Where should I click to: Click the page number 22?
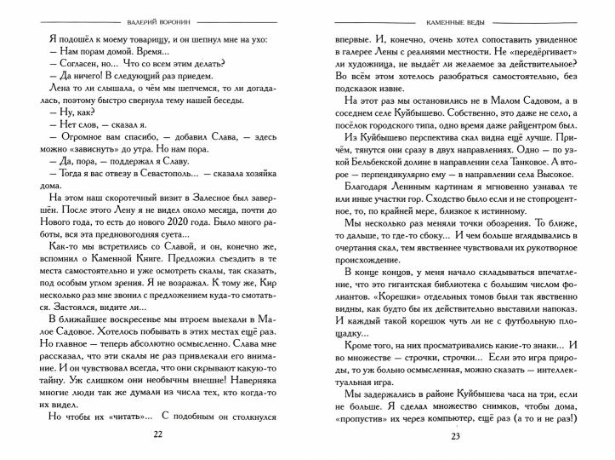pos(157,435)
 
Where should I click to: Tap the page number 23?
pos(455,435)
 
